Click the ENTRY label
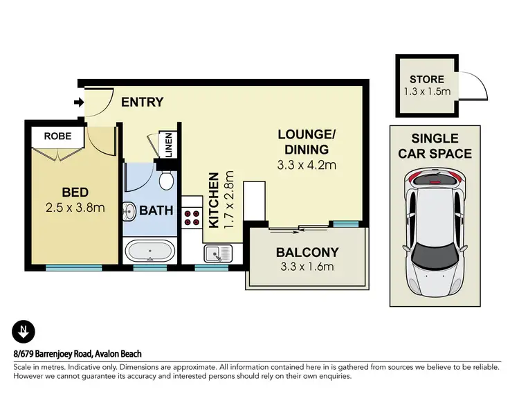pos(142,103)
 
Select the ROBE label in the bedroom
pos(57,136)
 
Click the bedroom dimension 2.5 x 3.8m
pos(75,206)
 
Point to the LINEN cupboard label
pos(167,146)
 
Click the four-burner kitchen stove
pos(192,220)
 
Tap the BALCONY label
pos(307,252)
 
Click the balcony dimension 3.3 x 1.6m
pos(307,267)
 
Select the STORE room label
pos(426,80)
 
